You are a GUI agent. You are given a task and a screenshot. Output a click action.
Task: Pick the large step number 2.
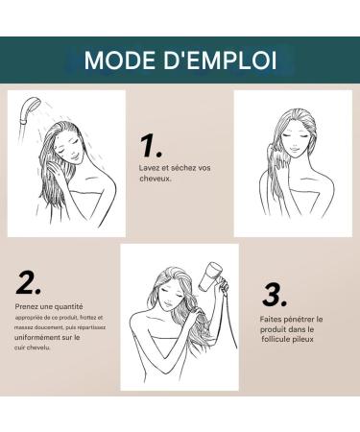(x=29, y=283)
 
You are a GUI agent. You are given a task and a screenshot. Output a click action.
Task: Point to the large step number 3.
(x=276, y=293)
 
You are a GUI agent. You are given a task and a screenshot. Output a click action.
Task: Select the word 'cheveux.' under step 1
(x=156, y=179)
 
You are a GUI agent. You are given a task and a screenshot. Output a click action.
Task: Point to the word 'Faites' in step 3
(x=273, y=319)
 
